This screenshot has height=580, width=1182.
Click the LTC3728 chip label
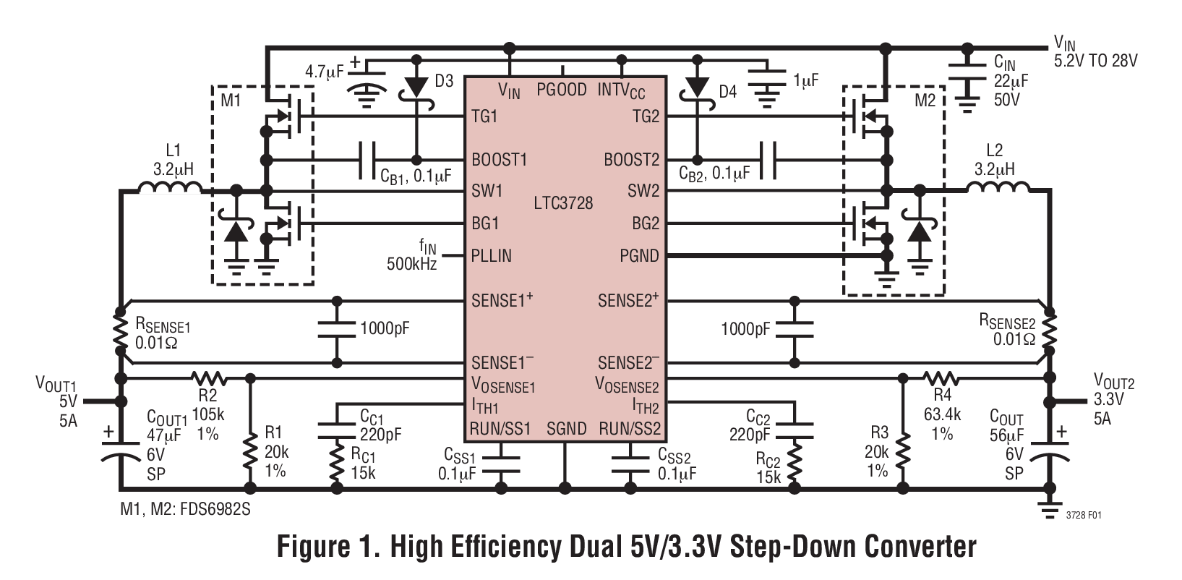click(563, 203)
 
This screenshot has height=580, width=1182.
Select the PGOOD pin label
click(562, 90)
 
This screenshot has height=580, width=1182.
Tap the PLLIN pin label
click(491, 255)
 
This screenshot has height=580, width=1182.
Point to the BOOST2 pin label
click(633, 160)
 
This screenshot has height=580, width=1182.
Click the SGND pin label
click(566, 428)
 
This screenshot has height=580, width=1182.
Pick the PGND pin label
click(640, 255)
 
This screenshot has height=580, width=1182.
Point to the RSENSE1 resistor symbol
click(120, 329)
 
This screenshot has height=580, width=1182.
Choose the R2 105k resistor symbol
click(209, 378)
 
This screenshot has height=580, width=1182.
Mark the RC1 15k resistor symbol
click(337, 463)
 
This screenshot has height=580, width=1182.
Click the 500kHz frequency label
click(412, 265)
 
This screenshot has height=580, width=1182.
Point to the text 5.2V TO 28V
click(1096, 61)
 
